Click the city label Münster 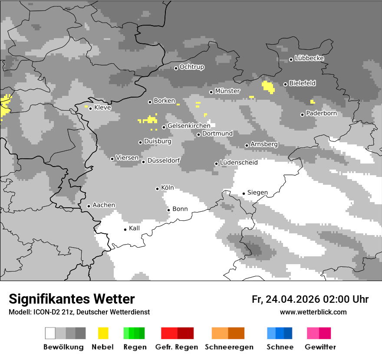pos(227,91)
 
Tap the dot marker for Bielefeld pos(285,84)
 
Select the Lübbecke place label pos(309,58)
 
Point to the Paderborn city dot pos(302,115)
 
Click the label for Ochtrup pos(192,67)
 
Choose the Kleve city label pos(102,108)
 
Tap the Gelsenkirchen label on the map pos(189,126)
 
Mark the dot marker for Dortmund pos(198,134)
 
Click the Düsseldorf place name pos(164,161)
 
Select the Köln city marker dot pos(157,189)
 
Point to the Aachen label pos(104,205)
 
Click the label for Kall pos(134,228)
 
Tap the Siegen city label pos(257,193)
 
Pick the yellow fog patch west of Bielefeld pos(268,87)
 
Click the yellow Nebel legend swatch pos(103,333)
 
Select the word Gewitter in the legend pos(320,347)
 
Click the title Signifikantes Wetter pos(72,299)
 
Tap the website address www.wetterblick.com pos(313,312)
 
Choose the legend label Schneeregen pos(229,347)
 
